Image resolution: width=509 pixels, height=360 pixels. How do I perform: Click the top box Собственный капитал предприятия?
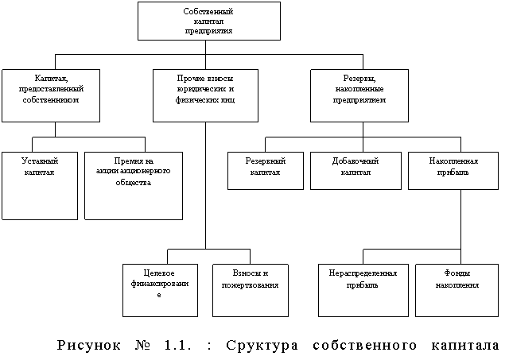click(208, 21)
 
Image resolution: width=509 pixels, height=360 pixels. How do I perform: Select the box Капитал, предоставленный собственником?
click(51, 95)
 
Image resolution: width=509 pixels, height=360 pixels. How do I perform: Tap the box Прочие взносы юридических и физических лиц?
click(205, 95)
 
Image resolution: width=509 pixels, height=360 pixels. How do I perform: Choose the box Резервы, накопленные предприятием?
click(359, 95)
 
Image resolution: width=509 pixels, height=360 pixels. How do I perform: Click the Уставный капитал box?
click(40, 185)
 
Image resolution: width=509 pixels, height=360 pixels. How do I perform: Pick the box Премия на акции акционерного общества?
click(134, 185)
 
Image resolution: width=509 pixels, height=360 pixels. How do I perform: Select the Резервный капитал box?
click(266, 170)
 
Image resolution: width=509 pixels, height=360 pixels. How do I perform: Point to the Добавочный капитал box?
click(356, 170)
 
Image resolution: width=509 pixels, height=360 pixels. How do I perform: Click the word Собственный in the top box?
click(208, 12)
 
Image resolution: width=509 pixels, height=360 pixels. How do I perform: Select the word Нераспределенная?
click(363, 273)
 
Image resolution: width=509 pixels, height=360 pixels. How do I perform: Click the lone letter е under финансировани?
click(160, 295)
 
